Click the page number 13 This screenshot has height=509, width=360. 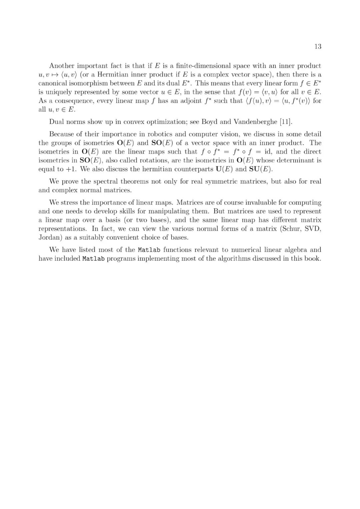click(318, 47)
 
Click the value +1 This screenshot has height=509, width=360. click(71, 169)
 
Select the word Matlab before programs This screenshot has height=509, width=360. click(93, 259)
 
